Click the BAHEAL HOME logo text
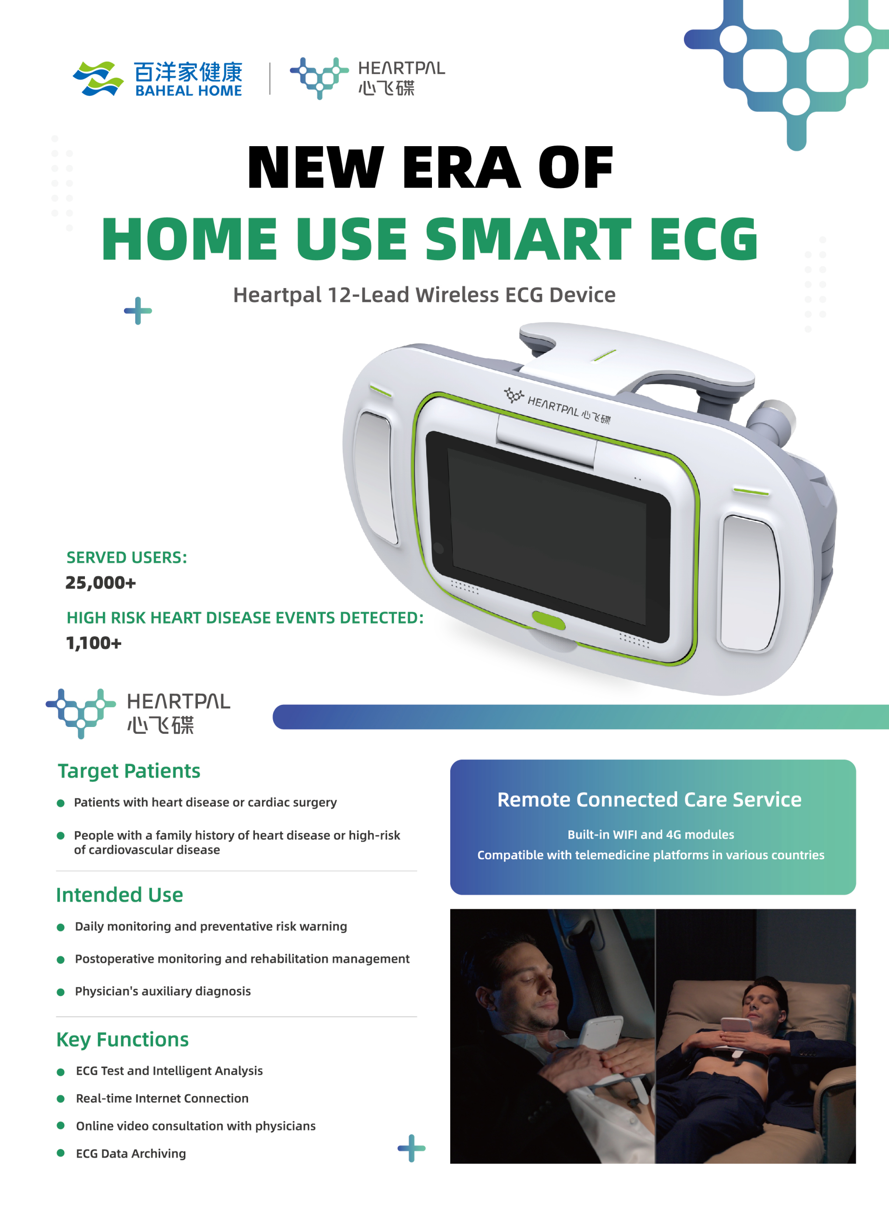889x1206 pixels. pos(188,91)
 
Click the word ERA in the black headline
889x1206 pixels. pos(461,167)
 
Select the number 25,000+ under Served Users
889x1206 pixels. pos(101,583)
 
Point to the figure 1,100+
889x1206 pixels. pos(94,643)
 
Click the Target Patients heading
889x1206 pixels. pos(129,771)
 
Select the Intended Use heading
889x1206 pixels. pos(120,894)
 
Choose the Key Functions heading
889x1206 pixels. pos(123,1040)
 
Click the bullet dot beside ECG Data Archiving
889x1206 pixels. pos(61,1153)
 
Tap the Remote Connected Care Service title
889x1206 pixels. pos(650,799)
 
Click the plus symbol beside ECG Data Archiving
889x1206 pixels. pos(412,1148)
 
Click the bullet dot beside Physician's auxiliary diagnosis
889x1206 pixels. pos(61,992)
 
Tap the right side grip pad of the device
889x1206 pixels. pos(749,583)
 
